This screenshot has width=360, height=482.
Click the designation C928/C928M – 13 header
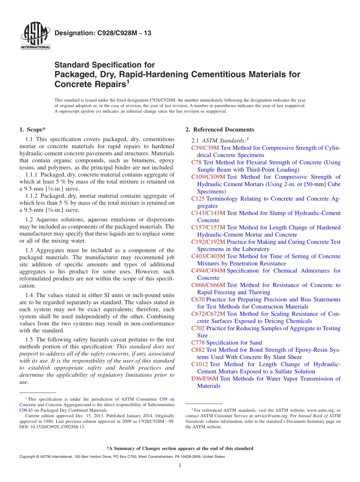point(103,33)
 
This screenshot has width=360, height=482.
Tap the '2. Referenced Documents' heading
point(220,130)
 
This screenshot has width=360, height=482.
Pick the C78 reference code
point(197,162)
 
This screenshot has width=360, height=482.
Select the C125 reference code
point(198,199)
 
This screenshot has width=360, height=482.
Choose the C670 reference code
point(198,299)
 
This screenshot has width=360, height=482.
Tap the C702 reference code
point(198,328)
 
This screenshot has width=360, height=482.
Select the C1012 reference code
point(200,364)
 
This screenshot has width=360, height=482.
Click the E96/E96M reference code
point(205,379)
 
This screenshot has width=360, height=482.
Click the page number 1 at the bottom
point(180,465)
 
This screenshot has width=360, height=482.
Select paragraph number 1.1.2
point(32,196)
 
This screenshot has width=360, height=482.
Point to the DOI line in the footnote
point(52,427)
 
